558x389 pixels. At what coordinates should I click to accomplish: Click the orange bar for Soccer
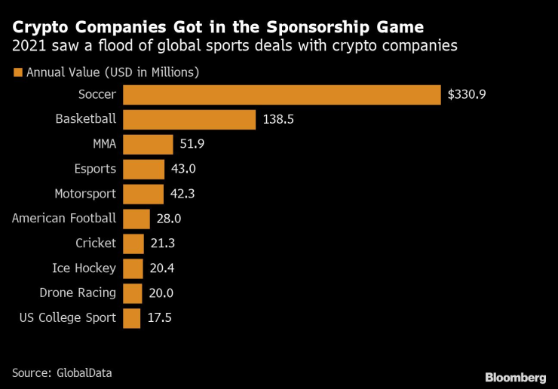point(281,95)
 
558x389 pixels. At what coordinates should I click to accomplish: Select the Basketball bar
point(189,120)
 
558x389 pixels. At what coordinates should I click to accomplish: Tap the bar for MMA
point(148,145)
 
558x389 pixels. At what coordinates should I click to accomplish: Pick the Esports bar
point(143,170)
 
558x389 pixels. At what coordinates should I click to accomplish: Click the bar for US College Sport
point(131,318)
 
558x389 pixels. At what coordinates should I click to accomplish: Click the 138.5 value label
point(279,120)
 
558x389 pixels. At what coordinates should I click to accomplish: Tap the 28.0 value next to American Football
point(169,219)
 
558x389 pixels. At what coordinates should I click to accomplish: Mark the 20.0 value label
point(161,293)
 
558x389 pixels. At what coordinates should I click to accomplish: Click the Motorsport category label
point(85,194)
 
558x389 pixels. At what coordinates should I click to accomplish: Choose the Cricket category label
point(96,244)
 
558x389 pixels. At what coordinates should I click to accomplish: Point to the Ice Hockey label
point(84,268)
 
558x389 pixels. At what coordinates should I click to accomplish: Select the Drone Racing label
point(78,293)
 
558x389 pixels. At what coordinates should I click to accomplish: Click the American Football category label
point(64,219)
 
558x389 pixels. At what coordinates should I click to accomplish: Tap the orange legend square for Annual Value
point(17,73)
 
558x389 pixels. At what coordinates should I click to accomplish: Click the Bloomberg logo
point(515,376)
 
